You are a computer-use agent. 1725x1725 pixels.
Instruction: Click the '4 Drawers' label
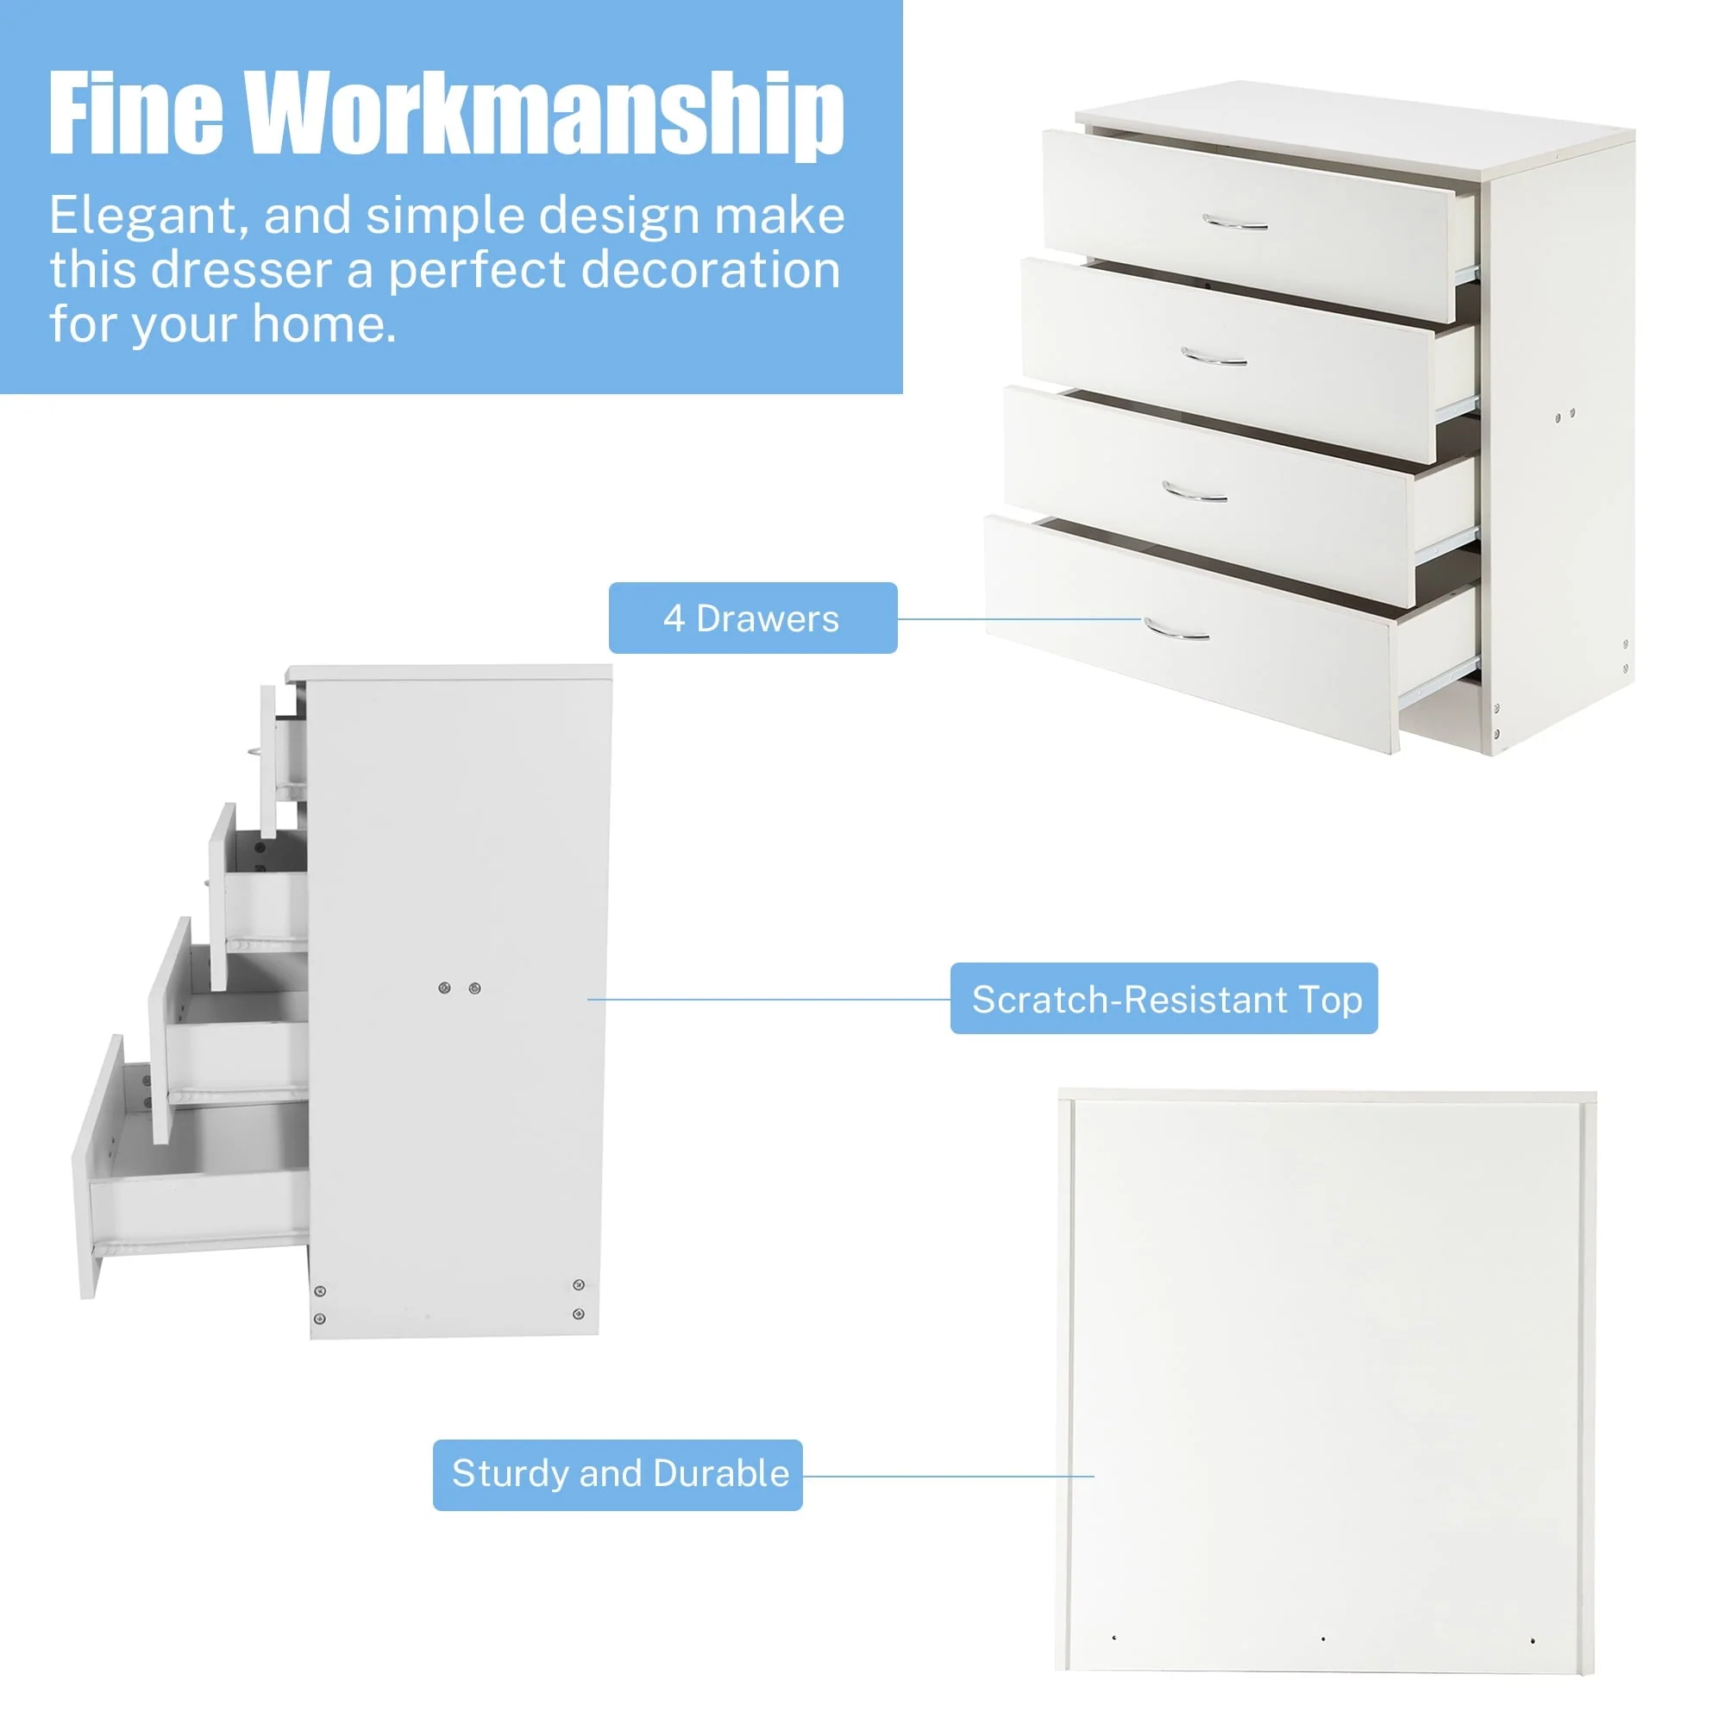point(752,618)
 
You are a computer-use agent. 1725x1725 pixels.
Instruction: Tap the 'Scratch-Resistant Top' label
point(1164,998)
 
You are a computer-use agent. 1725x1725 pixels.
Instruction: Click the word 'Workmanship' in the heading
point(543,115)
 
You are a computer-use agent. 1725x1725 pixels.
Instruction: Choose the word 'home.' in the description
point(324,323)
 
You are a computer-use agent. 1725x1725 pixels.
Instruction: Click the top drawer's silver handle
point(1235,223)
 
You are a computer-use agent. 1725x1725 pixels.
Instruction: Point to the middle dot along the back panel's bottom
point(1323,1639)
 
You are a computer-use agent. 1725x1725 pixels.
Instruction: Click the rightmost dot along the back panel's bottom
point(1533,1640)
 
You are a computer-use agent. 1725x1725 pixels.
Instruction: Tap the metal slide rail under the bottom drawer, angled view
point(1438,681)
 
